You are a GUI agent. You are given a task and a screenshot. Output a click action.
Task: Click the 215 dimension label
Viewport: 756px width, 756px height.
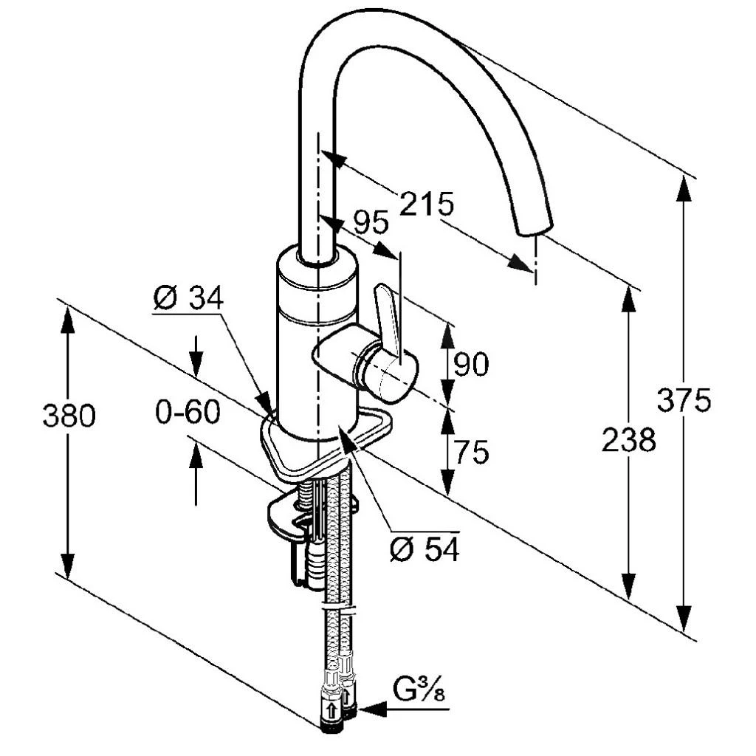click(x=427, y=204)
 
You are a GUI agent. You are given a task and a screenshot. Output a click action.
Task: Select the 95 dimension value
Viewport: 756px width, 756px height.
click(x=371, y=223)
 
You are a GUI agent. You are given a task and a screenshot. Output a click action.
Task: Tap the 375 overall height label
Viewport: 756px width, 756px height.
click(x=684, y=399)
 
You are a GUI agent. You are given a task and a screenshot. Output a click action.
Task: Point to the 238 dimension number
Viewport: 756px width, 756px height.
click(x=629, y=439)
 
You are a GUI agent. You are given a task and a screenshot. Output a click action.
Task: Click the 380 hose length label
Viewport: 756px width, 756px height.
click(x=69, y=415)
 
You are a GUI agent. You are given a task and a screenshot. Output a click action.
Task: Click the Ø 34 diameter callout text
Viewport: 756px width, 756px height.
click(x=188, y=298)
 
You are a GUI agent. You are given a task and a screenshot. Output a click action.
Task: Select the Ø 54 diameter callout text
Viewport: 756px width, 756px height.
click(x=425, y=549)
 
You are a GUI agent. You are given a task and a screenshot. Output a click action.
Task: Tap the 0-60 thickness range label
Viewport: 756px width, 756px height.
click(x=188, y=412)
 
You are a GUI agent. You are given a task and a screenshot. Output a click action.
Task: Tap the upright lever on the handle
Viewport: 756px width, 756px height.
click(x=388, y=320)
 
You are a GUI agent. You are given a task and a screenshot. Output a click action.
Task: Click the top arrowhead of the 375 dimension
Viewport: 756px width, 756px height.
click(x=684, y=188)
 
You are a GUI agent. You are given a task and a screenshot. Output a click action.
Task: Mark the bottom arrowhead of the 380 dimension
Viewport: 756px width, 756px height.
click(x=68, y=566)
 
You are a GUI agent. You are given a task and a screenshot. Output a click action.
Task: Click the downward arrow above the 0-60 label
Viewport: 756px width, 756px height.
click(x=196, y=356)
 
